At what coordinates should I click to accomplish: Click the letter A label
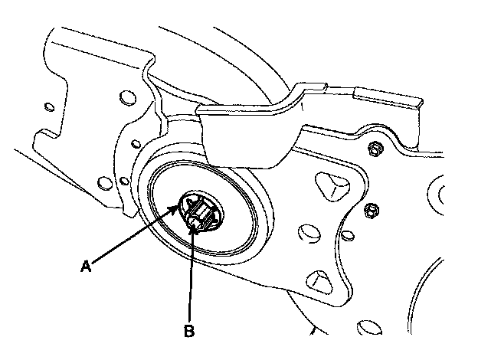[x=86, y=266]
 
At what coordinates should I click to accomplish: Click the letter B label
[x=188, y=332]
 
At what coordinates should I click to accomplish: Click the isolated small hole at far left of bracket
[x=49, y=106]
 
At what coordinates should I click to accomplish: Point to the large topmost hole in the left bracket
[x=124, y=98]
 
